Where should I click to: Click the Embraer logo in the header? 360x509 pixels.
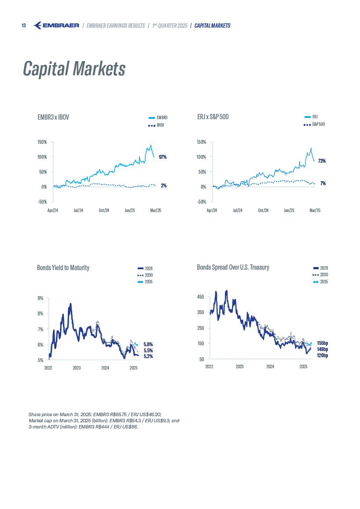click(56, 26)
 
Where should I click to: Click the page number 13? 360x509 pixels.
click(24, 26)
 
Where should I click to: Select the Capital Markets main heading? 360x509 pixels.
click(74, 69)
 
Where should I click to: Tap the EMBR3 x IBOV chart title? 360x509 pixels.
click(53, 117)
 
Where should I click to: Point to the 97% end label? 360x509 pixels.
click(163, 157)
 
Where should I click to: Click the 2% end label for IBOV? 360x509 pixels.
click(163, 186)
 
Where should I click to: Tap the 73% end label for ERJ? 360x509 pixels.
click(322, 161)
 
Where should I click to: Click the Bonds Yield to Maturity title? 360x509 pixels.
click(63, 267)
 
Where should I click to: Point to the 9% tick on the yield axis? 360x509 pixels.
click(40, 298)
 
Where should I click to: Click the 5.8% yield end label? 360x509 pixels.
click(148, 344)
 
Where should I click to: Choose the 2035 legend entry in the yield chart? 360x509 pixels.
click(148, 282)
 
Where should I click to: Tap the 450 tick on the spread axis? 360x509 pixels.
click(200, 297)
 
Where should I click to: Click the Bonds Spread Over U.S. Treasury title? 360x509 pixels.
click(233, 267)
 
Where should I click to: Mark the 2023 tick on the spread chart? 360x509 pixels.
click(239, 366)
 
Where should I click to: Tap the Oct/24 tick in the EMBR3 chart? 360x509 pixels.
click(104, 210)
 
